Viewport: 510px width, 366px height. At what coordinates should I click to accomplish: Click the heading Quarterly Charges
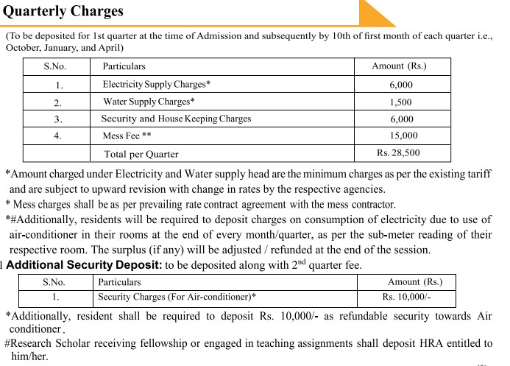click(63, 11)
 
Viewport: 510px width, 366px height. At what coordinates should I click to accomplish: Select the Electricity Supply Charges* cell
click(157, 85)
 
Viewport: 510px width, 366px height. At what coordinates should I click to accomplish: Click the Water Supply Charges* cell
click(149, 102)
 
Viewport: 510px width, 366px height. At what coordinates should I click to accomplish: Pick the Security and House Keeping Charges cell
click(176, 119)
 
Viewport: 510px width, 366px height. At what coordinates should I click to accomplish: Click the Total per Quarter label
click(141, 154)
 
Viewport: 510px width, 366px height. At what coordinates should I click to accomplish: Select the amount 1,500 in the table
click(400, 102)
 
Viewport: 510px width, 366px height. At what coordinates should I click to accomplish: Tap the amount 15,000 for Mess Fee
click(403, 136)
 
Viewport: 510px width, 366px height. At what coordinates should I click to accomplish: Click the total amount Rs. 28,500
click(398, 153)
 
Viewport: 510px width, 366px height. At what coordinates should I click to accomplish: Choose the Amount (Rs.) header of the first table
click(399, 66)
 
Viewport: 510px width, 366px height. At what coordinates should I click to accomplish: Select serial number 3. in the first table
click(58, 119)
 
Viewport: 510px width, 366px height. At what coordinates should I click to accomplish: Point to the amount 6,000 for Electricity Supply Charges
click(401, 85)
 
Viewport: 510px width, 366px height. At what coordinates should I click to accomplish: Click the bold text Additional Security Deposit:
click(84, 265)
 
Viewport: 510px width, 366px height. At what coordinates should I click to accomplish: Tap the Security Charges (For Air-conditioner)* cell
click(177, 298)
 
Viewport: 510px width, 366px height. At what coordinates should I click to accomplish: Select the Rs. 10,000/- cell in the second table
click(406, 298)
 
